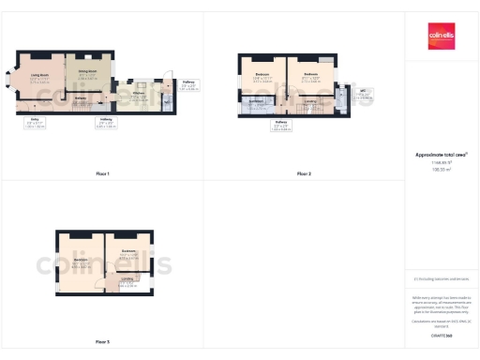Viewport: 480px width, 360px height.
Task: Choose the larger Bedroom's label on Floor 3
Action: (80, 260)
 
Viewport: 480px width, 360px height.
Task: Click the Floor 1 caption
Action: (102, 174)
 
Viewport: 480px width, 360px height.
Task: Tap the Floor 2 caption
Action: (304, 174)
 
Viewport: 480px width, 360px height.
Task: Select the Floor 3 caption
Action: (102, 342)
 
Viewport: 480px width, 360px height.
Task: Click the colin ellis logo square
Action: (442, 36)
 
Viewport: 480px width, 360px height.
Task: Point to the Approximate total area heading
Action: (441, 154)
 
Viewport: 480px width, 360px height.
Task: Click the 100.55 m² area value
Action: (441, 170)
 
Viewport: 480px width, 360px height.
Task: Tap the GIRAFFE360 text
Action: (441, 334)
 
